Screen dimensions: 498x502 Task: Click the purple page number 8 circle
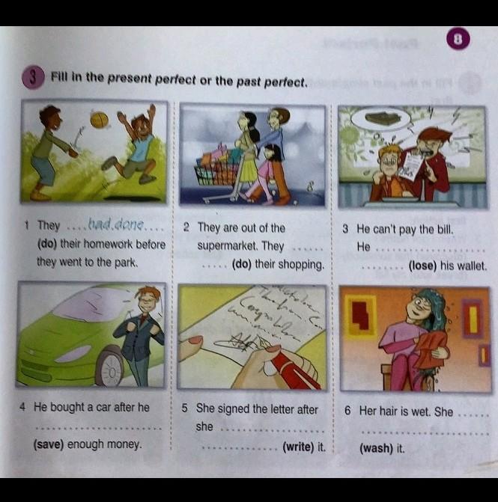[x=458, y=40]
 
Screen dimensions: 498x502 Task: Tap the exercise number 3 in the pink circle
[x=32, y=78]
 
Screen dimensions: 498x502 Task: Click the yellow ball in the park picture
[x=99, y=120]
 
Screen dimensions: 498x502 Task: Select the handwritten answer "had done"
[x=115, y=224]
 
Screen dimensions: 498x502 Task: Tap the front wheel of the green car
[x=109, y=368]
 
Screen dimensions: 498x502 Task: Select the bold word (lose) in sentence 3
[x=422, y=266]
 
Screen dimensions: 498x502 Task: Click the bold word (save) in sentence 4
[x=49, y=444]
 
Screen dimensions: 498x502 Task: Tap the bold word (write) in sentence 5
[x=298, y=447]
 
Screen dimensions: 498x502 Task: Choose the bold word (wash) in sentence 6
[x=376, y=448]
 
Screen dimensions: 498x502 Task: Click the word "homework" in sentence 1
[x=96, y=245]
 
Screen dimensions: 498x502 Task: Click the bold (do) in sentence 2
[x=241, y=264]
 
